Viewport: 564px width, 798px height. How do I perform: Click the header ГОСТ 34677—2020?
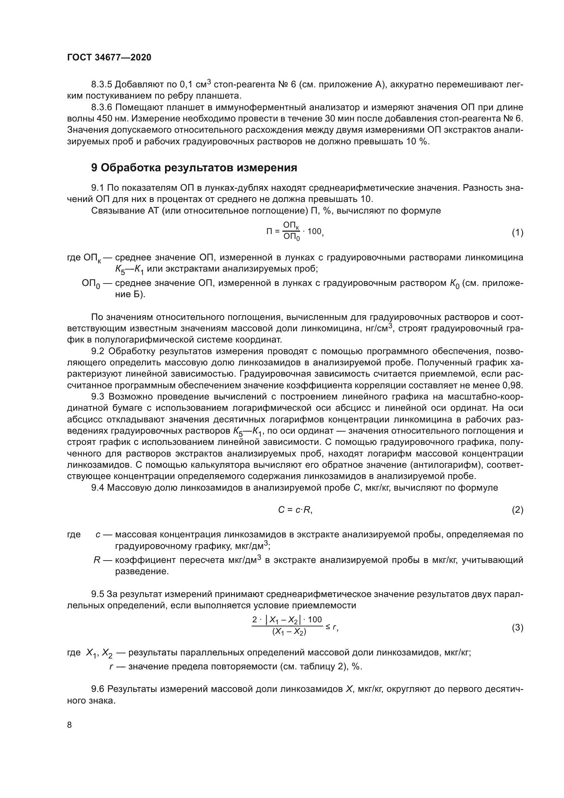point(109,57)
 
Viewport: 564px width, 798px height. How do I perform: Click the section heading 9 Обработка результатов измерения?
point(194,168)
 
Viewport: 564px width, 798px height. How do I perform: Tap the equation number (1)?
point(517,233)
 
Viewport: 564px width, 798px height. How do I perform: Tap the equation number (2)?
point(517,510)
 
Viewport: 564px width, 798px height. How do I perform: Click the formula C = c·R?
point(295,510)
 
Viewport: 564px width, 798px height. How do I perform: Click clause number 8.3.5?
point(102,85)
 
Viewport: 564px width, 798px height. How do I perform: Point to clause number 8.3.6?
point(102,107)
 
